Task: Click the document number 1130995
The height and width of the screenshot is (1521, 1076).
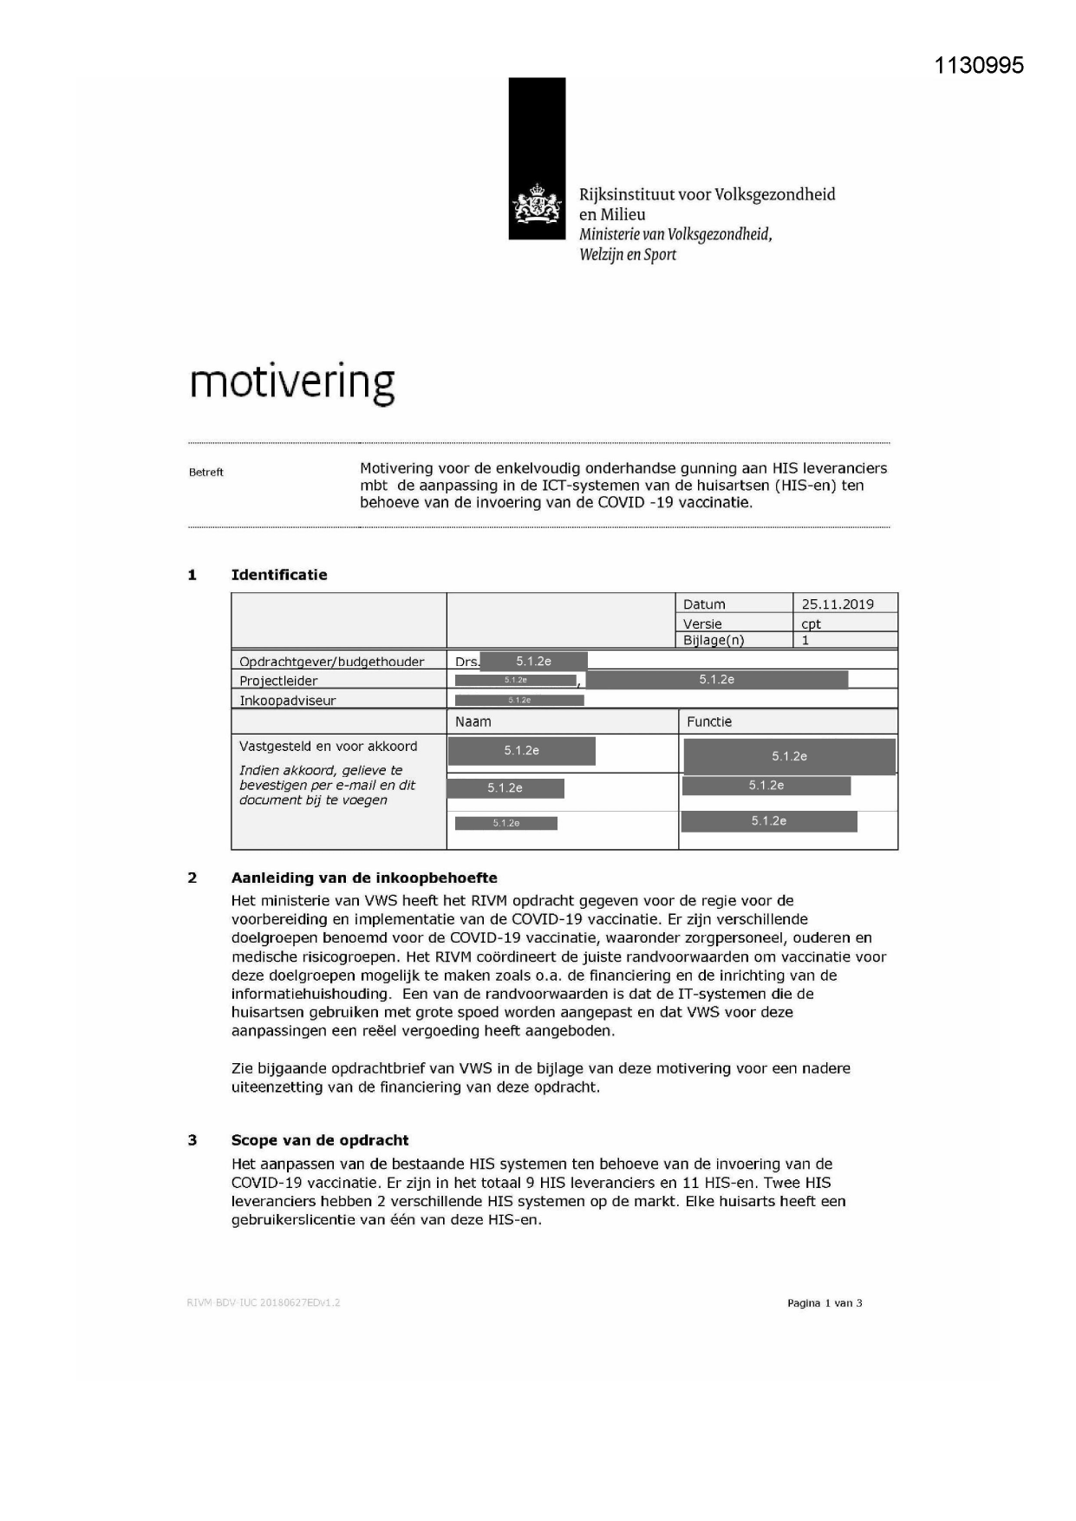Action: (x=979, y=65)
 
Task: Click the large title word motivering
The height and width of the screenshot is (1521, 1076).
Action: (x=292, y=382)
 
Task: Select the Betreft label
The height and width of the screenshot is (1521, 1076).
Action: (x=206, y=473)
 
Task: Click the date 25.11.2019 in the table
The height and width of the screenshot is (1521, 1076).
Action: (x=837, y=604)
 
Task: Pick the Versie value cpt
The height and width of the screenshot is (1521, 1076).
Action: (x=811, y=623)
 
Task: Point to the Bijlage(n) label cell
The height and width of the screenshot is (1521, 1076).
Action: (x=713, y=641)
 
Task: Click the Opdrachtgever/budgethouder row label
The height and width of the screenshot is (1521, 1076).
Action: (x=331, y=662)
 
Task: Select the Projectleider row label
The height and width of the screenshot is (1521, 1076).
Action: (x=278, y=681)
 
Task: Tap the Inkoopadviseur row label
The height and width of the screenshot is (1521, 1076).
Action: (x=287, y=701)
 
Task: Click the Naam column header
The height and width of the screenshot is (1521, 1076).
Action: (x=473, y=721)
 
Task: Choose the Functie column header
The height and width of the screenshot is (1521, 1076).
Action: (x=708, y=721)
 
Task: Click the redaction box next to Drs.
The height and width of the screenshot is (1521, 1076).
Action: (x=533, y=661)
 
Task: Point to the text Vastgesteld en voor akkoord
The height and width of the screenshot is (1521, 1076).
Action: (x=328, y=746)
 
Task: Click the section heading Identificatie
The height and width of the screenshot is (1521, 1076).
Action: (x=278, y=575)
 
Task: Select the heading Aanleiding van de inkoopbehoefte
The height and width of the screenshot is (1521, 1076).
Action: (x=364, y=878)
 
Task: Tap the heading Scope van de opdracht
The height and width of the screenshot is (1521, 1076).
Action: (x=319, y=1140)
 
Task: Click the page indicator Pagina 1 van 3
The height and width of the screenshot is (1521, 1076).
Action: (x=824, y=1303)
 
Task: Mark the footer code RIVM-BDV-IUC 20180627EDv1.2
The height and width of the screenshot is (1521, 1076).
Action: (x=263, y=1302)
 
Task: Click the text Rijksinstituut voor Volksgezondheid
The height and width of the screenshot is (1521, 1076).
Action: (x=707, y=194)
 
